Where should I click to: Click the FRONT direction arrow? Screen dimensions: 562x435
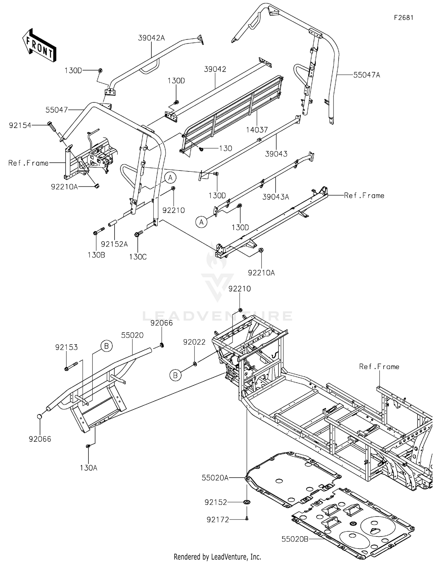click(x=39, y=45)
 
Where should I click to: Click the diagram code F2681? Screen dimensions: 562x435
click(x=403, y=18)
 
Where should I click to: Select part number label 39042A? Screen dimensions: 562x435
click(x=151, y=38)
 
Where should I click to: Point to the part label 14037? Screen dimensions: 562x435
click(x=257, y=130)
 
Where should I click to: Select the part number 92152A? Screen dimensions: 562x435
click(x=114, y=244)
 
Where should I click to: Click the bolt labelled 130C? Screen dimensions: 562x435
click(x=138, y=233)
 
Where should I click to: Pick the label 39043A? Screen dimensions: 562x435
click(x=275, y=197)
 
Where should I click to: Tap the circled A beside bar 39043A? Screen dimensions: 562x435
click(x=201, y=222)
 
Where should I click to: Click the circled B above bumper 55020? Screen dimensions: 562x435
click(x=106, y=346)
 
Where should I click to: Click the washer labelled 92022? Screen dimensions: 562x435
click(x=195, y=364)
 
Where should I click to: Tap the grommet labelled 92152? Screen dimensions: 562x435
click(x=247, y=502)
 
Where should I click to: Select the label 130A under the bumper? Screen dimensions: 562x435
click(x=88, y=468)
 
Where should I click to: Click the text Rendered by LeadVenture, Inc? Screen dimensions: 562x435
click(x=217, y=556)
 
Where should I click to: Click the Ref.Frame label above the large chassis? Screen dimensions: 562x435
click(x=379, y=367)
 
